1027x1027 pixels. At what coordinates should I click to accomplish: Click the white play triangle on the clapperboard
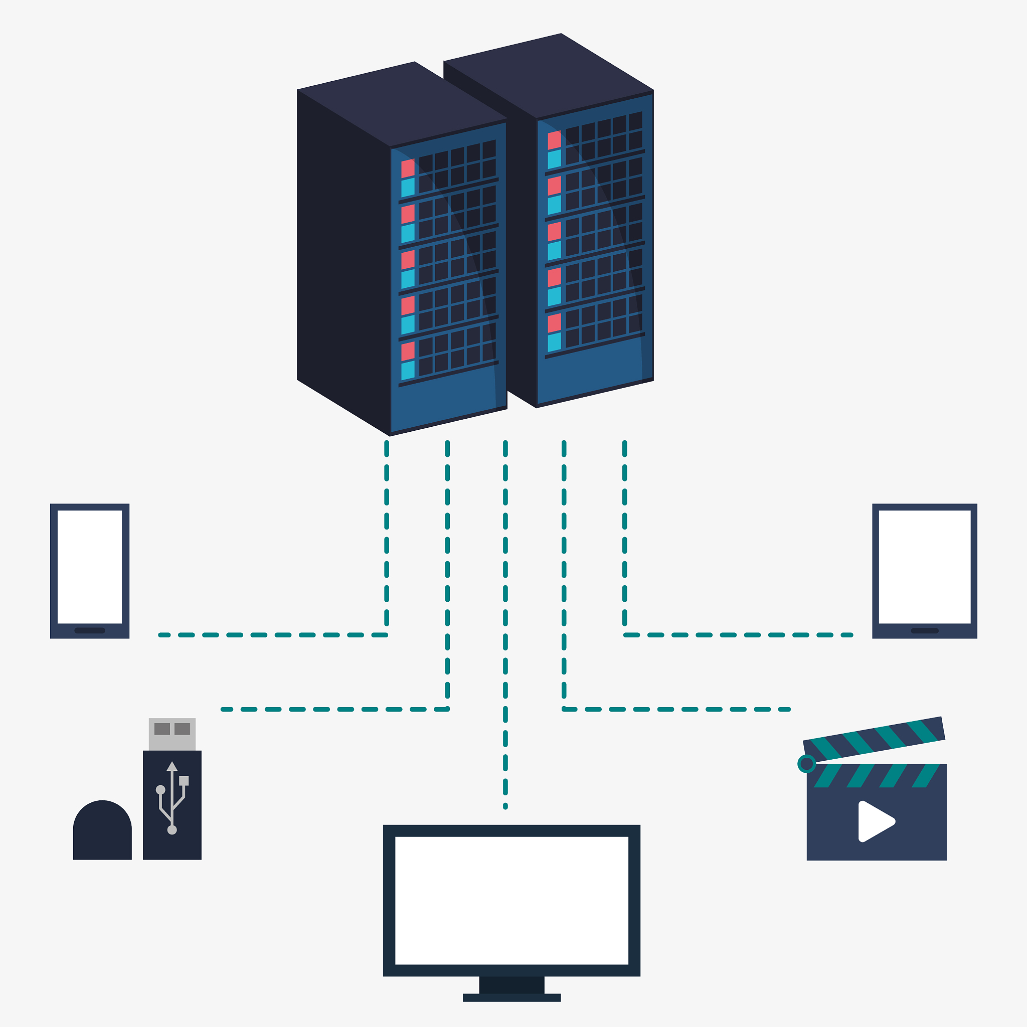(x=875, y=821)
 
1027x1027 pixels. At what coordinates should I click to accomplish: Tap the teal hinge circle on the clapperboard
(x=807, y=764)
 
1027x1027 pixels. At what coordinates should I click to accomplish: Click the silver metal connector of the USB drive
(x=172, y=734)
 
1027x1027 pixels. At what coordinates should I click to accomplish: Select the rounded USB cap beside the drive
(x=102, y=829)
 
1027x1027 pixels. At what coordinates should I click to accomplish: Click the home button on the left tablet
(x=89, y=630)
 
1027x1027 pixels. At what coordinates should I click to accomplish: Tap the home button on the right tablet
(x=924, y=631)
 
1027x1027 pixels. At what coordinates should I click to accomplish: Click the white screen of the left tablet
(x=89, y=566)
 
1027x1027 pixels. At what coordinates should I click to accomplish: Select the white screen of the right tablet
(x=924, y=566)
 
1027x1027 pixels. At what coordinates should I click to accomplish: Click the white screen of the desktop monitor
(x=511, y=900)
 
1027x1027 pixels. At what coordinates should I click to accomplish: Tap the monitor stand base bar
(x=511, y=997)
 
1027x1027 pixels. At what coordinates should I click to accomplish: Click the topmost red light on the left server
(x=408, y=168)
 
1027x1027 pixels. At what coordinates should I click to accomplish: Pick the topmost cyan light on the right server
(x=555, y=159)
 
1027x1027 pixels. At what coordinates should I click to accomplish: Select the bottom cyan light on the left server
(x=408, y=371)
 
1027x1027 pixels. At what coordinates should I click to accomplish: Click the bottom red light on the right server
(x=555, y=322)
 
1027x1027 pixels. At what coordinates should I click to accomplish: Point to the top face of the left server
(x=402, y=104)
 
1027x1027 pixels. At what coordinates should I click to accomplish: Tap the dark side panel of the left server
(x=344, y=260)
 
